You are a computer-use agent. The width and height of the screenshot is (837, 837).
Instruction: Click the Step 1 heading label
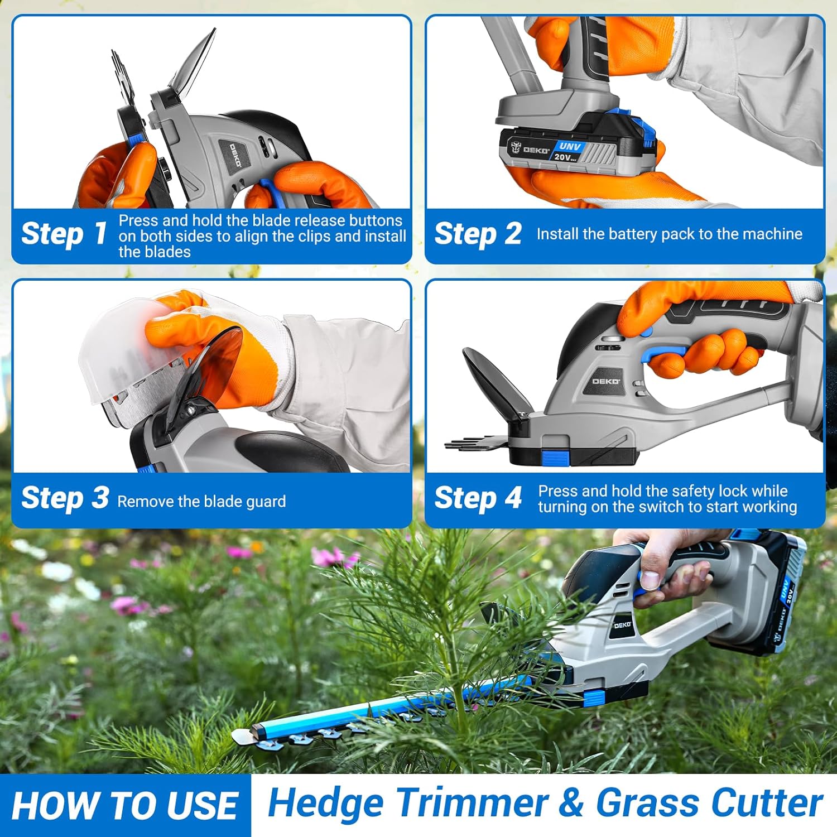pos(64,234)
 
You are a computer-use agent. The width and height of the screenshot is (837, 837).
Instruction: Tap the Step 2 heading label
pos(478,234)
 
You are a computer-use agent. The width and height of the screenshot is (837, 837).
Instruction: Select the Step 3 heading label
pos(65,498)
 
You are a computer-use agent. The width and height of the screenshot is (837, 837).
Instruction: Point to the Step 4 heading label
pos(478,498)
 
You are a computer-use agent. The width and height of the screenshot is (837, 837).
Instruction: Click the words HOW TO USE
pos(124,806)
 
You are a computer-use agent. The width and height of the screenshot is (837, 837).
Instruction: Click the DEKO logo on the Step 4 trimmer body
pos(605,381)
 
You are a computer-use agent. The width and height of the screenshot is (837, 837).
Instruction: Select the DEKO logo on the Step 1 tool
pos(235,155)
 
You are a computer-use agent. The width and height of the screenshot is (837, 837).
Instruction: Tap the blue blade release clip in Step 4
pos(555,459)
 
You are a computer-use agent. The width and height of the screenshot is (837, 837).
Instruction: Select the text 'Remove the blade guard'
pos(201,502)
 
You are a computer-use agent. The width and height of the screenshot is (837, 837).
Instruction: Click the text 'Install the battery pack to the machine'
pos(669,234)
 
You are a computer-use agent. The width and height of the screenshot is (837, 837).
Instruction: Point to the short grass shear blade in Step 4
pos(474,444)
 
